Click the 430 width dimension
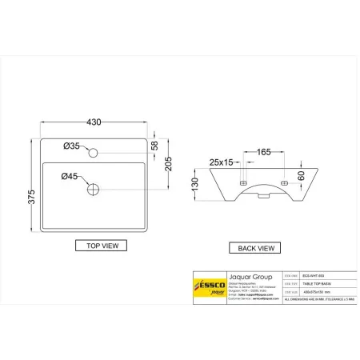(x=94, y=122)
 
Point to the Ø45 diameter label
(x=70, y=176)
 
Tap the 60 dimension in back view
(x=302, y=175)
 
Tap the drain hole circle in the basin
(x=94, y=190)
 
